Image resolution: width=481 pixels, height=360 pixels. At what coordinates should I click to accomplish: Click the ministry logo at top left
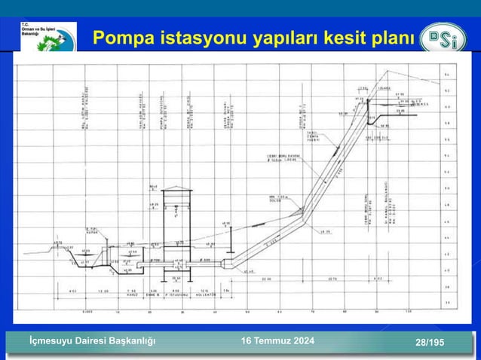click(x=47, y=36)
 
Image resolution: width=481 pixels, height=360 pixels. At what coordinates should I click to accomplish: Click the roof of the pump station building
click(x=176, y=189)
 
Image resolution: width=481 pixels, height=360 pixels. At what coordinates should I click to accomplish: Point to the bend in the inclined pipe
click(x=303, y=219)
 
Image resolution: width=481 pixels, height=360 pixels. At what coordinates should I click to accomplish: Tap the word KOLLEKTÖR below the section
click(x=205, y=295)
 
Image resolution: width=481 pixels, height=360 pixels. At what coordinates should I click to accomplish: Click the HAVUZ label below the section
click(x=131, y=295)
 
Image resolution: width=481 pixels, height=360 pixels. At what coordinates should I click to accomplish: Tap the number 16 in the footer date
click(x=246, y=342)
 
